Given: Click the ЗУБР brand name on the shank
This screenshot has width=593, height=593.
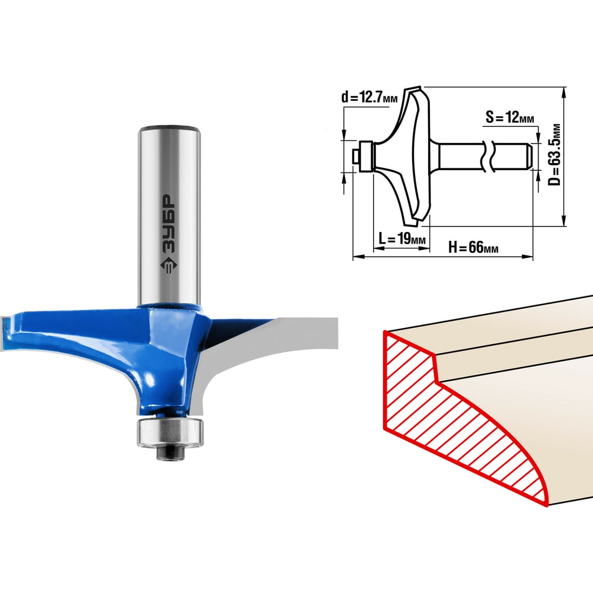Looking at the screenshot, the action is click(168, 224).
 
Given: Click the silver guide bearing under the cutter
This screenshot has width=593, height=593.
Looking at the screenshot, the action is click(170, 432).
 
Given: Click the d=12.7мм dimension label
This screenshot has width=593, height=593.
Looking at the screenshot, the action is click(369, 98).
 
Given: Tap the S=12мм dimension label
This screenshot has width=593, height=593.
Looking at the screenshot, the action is click(510, 117).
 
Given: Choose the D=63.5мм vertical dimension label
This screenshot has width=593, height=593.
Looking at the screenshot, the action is click(554, 154).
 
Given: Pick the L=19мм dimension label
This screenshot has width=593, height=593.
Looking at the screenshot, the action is click(402, 239).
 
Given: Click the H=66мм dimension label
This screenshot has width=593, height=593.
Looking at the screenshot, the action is click(473, 248).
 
